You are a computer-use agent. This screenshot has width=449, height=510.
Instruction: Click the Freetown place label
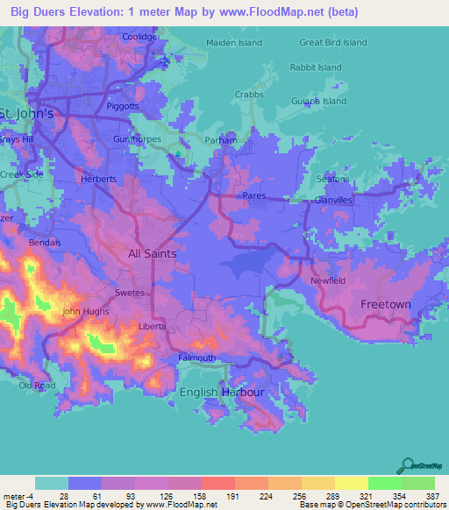386,304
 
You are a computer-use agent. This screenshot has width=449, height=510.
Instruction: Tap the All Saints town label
153,253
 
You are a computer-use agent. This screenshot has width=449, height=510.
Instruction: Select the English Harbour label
221,393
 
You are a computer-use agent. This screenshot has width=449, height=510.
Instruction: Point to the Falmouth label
196,358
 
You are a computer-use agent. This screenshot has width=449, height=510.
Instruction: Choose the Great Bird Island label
332,42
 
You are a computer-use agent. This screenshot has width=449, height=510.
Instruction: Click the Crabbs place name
250,95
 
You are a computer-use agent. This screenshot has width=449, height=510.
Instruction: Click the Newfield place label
329,280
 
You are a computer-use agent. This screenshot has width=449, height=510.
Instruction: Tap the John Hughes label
85,311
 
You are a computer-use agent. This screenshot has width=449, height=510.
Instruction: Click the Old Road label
37,386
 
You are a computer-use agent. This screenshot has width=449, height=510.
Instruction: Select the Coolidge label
139,37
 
